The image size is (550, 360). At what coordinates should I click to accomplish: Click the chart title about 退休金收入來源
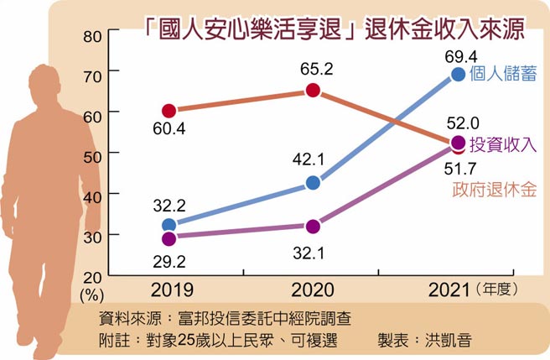[x=335, y=27]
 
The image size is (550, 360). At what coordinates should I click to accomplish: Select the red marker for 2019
[x=169, y=111]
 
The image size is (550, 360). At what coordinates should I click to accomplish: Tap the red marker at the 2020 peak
[x=313, y=91]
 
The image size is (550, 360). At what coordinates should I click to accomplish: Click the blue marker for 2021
[x=458, y=74]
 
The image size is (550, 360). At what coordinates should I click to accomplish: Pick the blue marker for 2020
[x=313, y=183]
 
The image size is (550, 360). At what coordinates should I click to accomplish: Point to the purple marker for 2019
[x=169, y=238]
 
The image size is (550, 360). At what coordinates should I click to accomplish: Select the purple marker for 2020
[x=313, y=227]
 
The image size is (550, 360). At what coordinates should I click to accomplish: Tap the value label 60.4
[x=169, y=131]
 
